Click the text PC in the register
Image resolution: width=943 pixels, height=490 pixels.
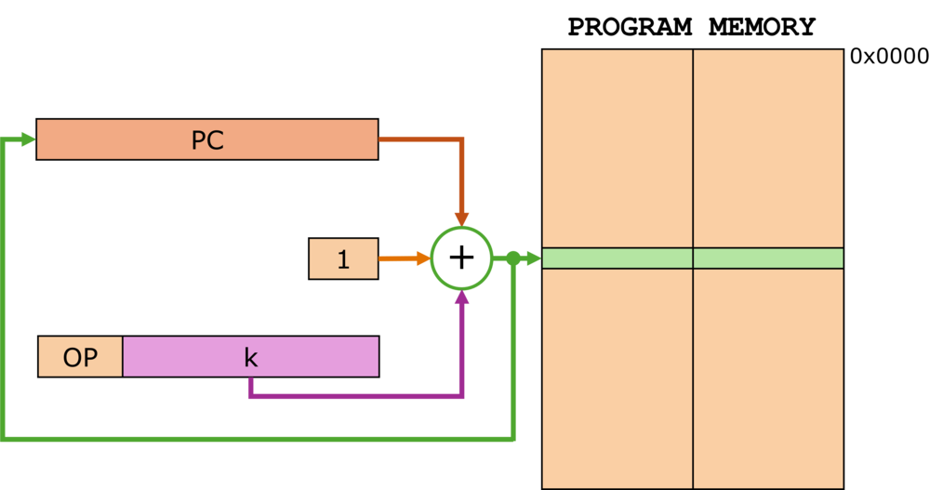click(207, 140)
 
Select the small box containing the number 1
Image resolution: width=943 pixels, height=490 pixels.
click(343, 258)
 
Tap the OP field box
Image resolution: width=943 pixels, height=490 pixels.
click(80, 357)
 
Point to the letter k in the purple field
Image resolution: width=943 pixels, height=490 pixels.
click(250, 357)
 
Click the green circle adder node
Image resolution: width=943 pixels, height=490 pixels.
click(461, 258)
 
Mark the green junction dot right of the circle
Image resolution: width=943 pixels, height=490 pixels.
click(512, 258)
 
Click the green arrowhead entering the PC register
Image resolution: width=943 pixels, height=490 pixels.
click(26, 139)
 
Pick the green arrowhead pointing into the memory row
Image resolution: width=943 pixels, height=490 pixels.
click(533, 258)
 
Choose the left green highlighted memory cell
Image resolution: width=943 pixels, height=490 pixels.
click(618, 258)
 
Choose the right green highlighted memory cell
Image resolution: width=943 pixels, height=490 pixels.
click(768, 258)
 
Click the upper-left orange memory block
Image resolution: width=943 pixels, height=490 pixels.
click(618, 148)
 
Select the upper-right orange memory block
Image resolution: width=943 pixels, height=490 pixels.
click(768, 148)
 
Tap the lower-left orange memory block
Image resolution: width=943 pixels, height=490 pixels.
click(618, 377)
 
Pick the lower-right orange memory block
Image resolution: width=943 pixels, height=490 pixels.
click(768, 377)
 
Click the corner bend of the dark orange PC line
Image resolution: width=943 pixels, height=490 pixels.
click(461, 139)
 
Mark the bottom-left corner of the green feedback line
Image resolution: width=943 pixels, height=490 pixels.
click(4, 437)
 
